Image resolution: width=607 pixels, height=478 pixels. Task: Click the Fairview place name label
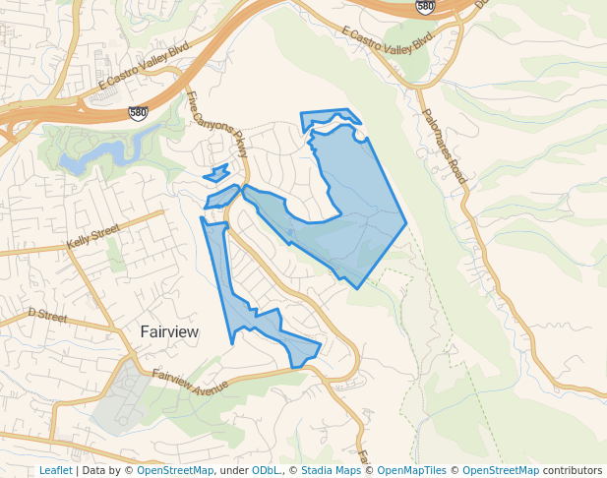pos(168,332)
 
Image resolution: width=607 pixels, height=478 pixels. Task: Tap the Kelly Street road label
pos(92,235)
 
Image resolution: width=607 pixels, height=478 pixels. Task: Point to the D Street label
pos(47,315)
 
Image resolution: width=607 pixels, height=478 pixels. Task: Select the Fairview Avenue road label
pos(191,382)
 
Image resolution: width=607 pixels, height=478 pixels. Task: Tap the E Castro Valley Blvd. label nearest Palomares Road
pos(389,39)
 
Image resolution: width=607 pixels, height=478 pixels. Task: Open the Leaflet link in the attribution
pos(55,471)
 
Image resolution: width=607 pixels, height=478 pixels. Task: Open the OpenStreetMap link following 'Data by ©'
pos(175,471)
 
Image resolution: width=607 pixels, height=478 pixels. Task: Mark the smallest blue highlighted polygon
pos(217,174)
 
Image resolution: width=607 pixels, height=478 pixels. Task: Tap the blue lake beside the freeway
pos(98,155)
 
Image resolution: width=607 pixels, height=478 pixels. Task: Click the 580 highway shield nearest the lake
pos(139,113)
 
